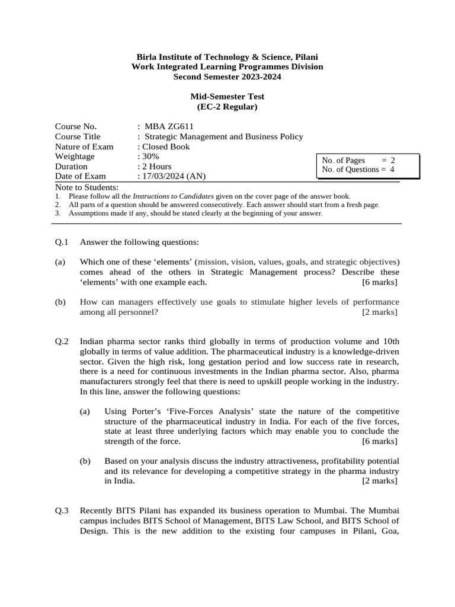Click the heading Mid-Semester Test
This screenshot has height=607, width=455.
[x=227, y=96]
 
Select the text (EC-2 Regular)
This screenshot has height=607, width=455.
[x=227, y=107]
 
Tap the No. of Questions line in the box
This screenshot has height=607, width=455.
[x=358, y=170]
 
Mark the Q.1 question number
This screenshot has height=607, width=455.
[x=62, y=242]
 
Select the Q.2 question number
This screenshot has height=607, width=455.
[x=62, y=341]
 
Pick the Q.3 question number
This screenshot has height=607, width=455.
[x=62, y=510]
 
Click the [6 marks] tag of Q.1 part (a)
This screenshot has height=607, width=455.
[x=379, y=282]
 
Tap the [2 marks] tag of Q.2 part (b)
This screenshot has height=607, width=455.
[x=379, y=481]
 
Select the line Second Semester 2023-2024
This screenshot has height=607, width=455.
[x=227, y=77]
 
